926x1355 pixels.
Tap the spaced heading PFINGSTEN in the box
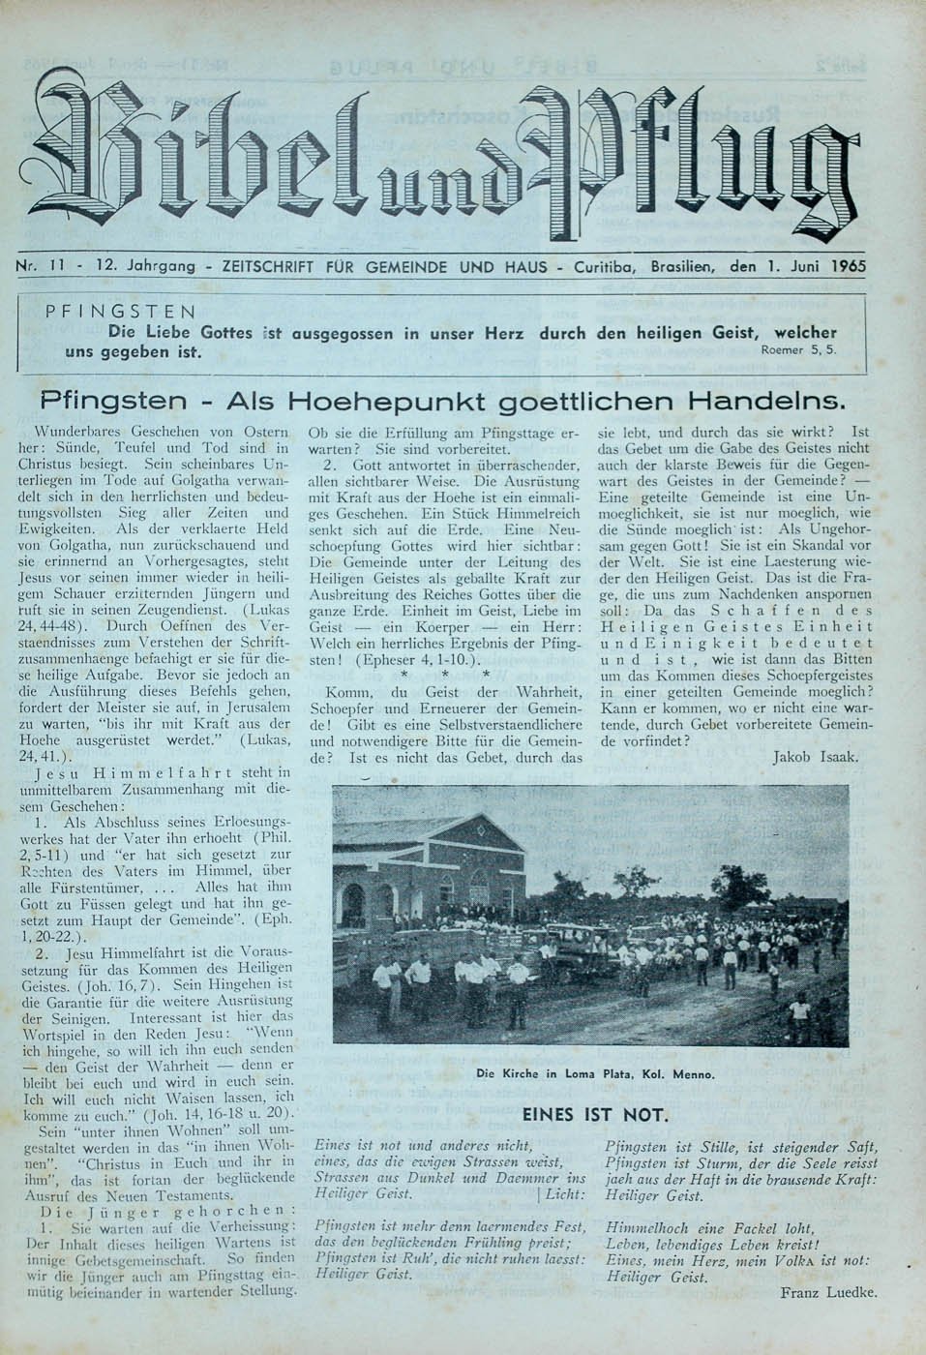point(121,312)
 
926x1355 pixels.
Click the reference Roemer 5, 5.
point(797,350)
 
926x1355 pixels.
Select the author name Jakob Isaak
point(816,757)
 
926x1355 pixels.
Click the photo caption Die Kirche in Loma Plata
point(595,1073)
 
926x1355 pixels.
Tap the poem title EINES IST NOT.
point(594,1114)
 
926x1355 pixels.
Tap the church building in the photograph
point(435,871)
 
